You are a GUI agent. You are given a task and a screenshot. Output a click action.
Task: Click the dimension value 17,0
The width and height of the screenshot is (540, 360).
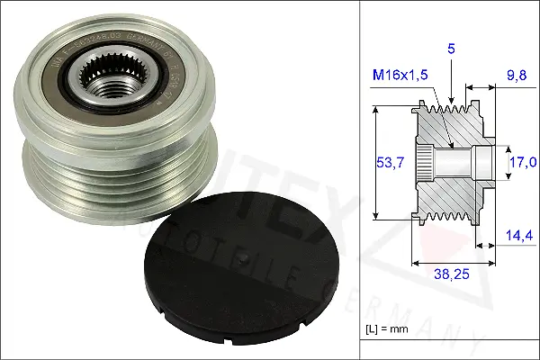tap(521, 162)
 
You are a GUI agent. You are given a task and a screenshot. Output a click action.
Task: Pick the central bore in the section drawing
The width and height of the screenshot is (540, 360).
tap(454, 164)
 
